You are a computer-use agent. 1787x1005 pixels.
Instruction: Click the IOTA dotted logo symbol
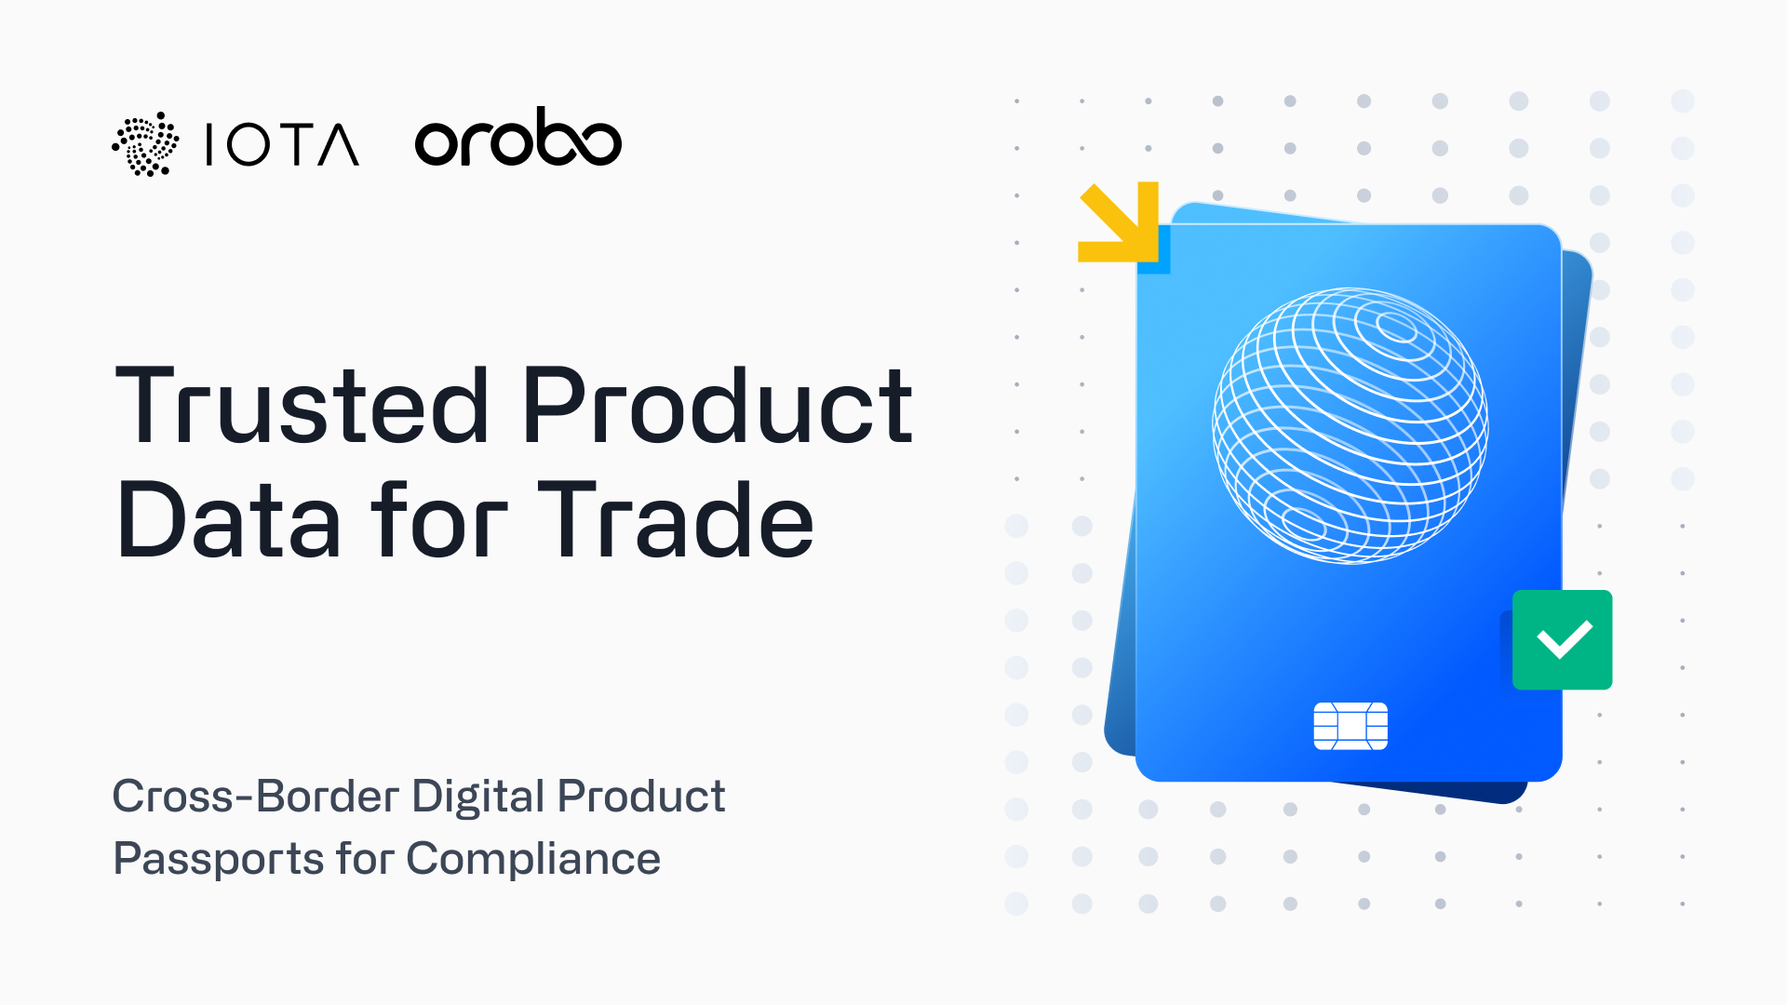pyautogui.click(x=145, y=144)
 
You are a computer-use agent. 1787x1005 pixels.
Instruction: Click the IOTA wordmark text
pyautogui.click(x=281, y=144)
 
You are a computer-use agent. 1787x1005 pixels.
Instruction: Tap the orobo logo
pyautogui.click(x=517, y=140)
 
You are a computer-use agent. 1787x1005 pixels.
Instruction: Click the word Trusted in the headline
pyautogui.click(x=302, y=406)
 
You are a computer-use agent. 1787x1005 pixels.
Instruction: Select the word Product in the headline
pyautogui.click(x=717, y=406)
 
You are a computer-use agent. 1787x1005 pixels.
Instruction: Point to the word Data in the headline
pyautogui.click(x=228, y=521)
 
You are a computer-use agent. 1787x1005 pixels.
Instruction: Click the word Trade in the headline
pyautogui.click(x=675, y=521)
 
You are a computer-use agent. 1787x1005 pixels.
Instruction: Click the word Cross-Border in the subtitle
pyautogui.click(x=255, y=797)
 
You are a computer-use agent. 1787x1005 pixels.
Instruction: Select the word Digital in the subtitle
pyautogui.click(x=477, y=797)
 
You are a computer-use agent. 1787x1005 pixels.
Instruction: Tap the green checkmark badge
pyautogui.click(x=1563, y=640)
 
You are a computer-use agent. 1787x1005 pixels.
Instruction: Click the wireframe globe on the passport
pyautogui.click(x=1350, y=425)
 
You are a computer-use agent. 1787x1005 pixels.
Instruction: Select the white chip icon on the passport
pyautogui.click(x=1350, y=726)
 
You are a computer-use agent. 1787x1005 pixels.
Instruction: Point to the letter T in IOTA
pyautogui.click(x=282, y=144)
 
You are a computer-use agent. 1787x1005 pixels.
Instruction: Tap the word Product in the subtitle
pyautogui.click(x=640, y=797)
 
